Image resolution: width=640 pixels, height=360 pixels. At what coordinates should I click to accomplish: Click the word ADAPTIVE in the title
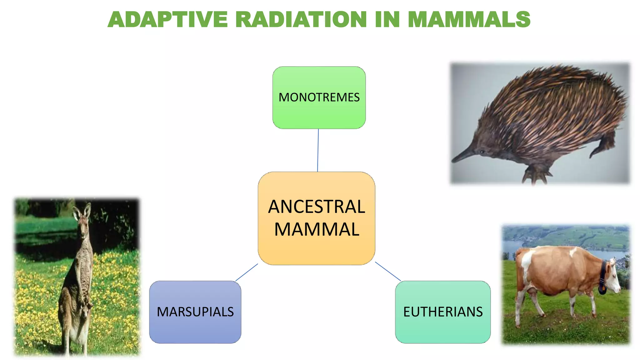(x=168, y=20)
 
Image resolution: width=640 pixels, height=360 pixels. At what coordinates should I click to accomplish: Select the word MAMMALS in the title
(x=469, y=20)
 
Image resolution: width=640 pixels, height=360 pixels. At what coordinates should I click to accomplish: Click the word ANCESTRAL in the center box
(x=317, y=207)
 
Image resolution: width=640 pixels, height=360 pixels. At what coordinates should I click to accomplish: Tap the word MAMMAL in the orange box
(x=317, y=230)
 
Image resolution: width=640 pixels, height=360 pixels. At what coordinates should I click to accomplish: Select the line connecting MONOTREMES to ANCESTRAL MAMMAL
(x=318, y=150)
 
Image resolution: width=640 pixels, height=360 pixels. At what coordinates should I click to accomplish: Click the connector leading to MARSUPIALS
(x=247, y=272)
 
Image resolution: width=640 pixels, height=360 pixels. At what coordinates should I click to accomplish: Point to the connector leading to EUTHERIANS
(x=388, y=271)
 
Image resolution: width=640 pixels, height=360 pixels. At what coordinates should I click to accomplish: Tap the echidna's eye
(x=482, y=152)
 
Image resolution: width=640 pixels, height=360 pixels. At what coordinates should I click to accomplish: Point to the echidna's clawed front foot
(x=535, y=175)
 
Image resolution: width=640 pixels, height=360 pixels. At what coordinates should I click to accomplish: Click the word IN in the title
(x=387, y=20)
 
